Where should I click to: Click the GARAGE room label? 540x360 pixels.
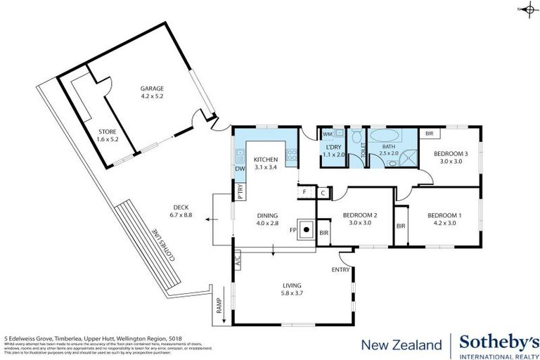(x=151, y=89)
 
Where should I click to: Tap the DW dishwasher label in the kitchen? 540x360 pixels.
(x=239, y=168)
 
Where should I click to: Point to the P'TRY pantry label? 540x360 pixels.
(x=240, y=189)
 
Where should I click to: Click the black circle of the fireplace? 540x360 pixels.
(x=307, y=229)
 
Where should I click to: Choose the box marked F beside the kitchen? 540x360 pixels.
(x=304, y=191)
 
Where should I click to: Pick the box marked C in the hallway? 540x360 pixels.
(x=323, y=191)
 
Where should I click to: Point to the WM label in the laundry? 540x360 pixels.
(x=327, y=134)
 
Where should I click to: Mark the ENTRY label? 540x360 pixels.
(x=340, y=270)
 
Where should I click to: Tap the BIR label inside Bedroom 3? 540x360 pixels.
(x=428, y=132)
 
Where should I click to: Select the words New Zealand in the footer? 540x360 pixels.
(x=401, y=345)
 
